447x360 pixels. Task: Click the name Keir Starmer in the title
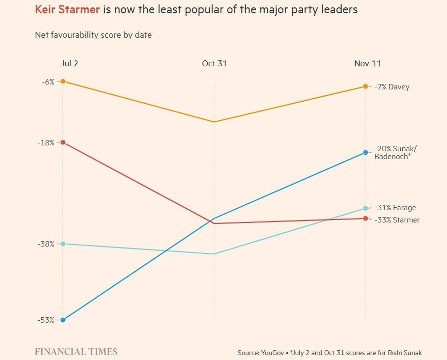click(67, 9)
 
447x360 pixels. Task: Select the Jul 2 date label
click(69, 63)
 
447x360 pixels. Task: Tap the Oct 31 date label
click(215, 63)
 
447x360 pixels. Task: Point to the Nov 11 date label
click(367, 63)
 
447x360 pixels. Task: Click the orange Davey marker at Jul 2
click(63, 81)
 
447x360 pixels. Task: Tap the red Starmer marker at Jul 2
click(63, 142)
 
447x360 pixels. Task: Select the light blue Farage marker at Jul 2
click(63, 244)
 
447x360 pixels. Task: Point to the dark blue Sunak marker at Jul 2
click(63, 320)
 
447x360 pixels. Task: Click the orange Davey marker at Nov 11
click(365, 86)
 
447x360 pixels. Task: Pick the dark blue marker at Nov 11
click(365, 152)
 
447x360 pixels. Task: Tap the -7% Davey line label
click(391, 87)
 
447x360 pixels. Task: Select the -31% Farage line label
click(395, 208)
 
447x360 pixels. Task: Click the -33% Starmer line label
click(397, 220)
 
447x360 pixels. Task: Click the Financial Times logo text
click(76, 352)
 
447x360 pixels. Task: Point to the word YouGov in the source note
click(270, 353)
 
